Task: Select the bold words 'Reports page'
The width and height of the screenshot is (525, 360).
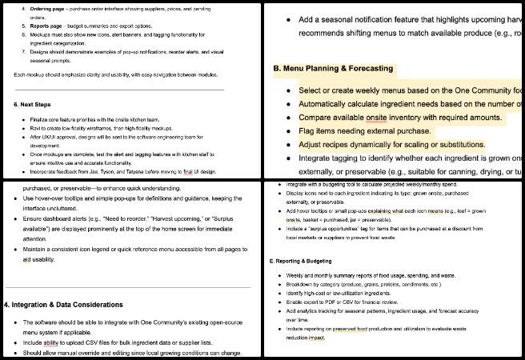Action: [x=46, y=26]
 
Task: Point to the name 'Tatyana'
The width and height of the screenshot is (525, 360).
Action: [x=146, y=171]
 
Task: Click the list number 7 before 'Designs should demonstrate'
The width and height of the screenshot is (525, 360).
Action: [x=23, y=52]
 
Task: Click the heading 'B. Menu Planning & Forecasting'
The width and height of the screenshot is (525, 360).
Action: [x=333, y=70]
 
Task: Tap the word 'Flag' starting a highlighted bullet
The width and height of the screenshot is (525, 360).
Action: [x=309, y=130]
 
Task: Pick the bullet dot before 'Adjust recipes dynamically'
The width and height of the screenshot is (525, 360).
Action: [x=287, y=145]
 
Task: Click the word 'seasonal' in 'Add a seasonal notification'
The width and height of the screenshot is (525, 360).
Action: [x=346, y=19]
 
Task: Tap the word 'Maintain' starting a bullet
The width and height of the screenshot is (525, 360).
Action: [x=39, y=250]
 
